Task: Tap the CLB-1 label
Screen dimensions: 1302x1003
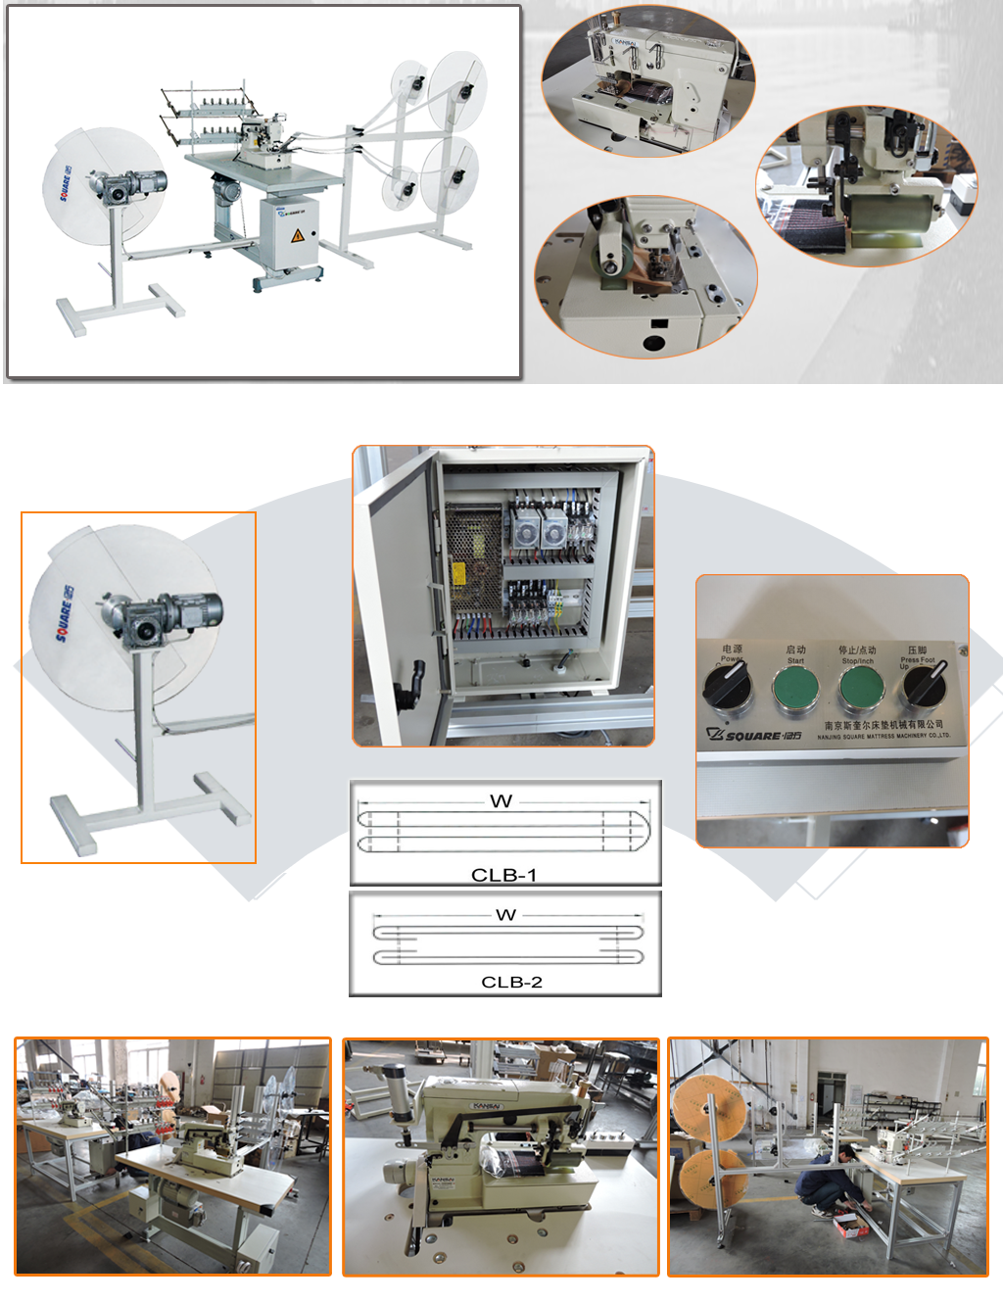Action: pos(503,875)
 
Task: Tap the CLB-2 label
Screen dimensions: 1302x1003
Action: pos(511,982)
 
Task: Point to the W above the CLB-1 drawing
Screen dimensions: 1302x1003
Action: pos(501,801)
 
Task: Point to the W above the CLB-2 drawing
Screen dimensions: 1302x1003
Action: pos(505,915)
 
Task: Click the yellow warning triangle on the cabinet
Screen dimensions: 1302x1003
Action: pos(298,236)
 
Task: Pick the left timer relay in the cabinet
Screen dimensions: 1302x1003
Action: pos(525,530)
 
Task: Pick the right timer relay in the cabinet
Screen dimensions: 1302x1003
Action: pos(554,530)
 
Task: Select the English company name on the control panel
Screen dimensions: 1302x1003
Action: pos(883,736)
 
